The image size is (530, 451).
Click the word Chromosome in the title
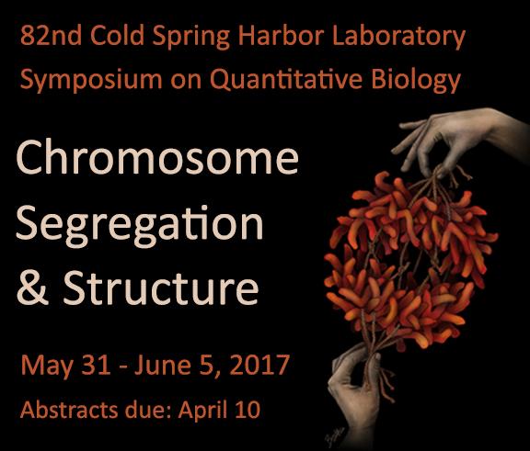157,156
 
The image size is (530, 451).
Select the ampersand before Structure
32,288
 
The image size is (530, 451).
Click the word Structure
161,288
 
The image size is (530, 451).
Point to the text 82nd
51,35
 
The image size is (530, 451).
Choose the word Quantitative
286,79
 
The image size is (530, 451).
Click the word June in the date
162,365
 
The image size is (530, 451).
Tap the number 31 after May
96,365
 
